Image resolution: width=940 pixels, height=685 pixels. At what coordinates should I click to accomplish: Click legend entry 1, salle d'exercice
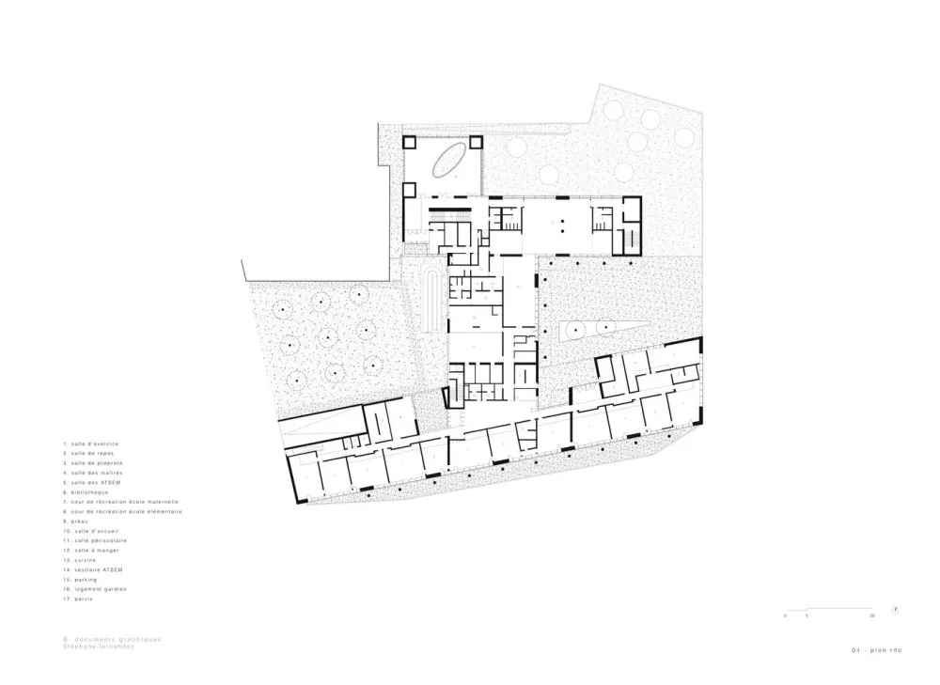click(92, 443)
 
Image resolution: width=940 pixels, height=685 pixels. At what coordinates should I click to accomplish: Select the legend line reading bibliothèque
click(89, 491)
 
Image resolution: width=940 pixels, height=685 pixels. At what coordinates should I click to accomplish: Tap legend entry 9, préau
click(79, 521)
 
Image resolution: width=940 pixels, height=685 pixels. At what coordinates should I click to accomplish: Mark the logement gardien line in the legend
click(96, 589)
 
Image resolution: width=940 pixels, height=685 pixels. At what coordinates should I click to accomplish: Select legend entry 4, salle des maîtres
click(95, 472)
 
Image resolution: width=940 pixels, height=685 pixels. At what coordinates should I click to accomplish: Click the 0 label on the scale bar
click(785, 615)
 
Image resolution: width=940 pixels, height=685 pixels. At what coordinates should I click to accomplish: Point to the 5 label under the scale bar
click(807, 615)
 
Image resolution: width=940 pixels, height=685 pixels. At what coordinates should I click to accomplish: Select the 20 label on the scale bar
click(872, 615)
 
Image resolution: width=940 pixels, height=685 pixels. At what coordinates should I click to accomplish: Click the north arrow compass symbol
click(898, 608)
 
